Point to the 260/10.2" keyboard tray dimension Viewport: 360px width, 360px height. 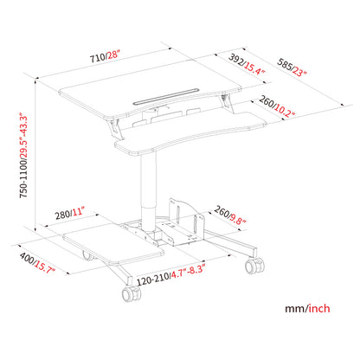click(275, 111)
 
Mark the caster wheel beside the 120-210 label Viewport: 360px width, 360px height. click(132, 294)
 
